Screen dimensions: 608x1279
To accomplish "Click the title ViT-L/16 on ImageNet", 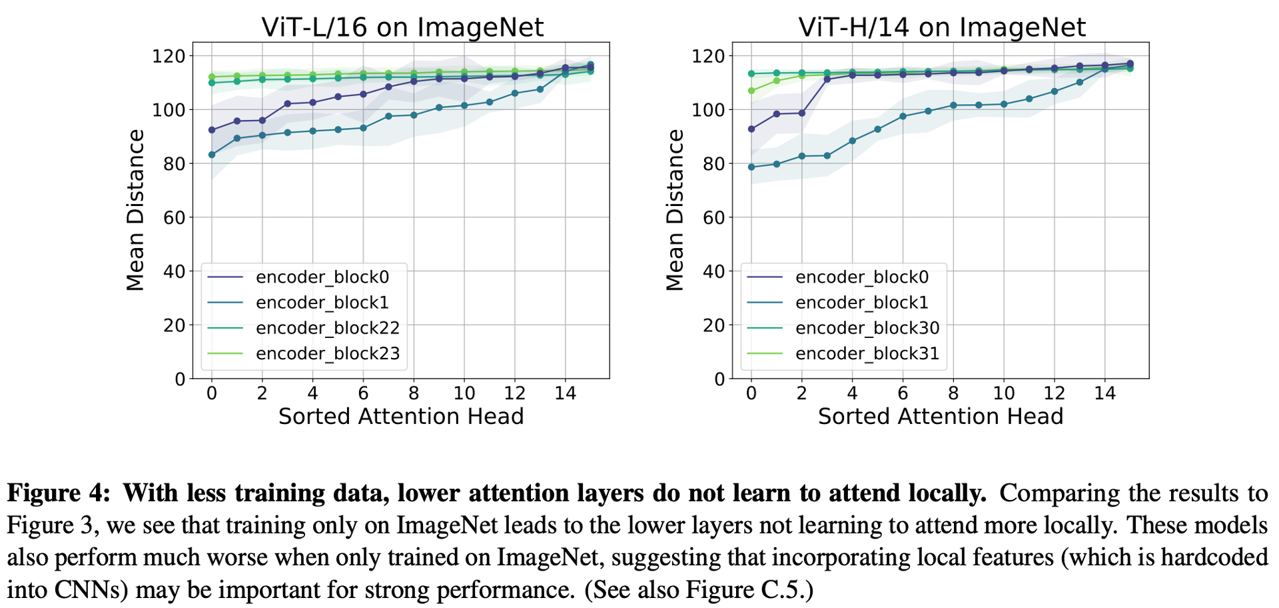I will click(x=402, y=27).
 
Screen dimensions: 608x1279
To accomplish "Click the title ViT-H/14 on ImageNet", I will click(x=942, y=27).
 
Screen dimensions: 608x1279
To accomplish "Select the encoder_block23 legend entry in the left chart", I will click(x=327, y=353).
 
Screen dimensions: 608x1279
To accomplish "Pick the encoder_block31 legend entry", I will click(x=867, y=353).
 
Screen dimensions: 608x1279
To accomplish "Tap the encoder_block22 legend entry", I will click(x=327, y=328).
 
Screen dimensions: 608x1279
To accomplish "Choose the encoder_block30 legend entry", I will click(x=867, y=328).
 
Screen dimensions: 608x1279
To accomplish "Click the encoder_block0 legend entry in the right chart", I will click(x=861, y=277).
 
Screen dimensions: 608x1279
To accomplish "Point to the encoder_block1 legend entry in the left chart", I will click(x=322, y=303).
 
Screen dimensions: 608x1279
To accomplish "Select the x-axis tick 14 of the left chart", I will click(x=565, y=393).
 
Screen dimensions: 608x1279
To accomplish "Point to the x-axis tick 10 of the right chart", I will click(x=1003, y=393).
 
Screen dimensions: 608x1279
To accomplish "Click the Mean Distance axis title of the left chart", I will click(x=135, y=210).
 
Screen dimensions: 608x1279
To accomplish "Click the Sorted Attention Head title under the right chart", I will click(x=941, y=417).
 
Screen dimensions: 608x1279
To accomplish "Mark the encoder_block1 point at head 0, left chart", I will click(x=212, y=155).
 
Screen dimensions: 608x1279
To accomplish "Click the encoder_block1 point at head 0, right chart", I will click(x=751, y=167).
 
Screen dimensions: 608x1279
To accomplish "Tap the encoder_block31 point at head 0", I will click(x=751, y=91).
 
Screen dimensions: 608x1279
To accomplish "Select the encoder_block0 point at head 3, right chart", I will click(x=827, y=79).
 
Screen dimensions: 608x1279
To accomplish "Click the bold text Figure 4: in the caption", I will click(x=59, y=493).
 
